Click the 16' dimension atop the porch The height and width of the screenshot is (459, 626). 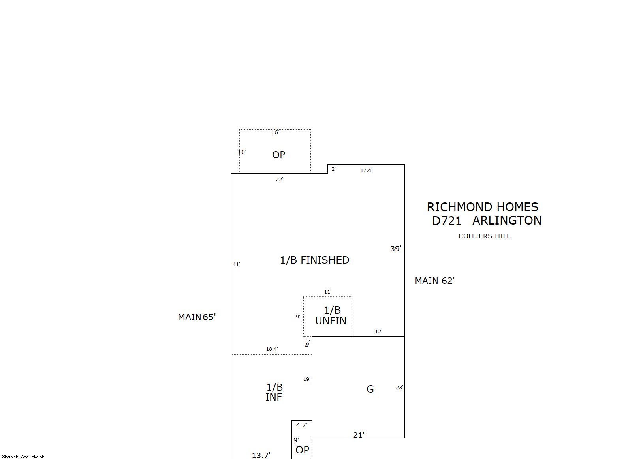point(275,132)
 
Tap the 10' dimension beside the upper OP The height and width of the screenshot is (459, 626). point(242,152)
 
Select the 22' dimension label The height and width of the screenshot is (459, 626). point(280,179)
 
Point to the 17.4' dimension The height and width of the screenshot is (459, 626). point(366,170)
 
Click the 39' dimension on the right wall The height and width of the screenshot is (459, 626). point(396,249)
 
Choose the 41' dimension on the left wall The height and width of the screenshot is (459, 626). point(237,264)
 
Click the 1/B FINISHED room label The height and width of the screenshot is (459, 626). point(315,260)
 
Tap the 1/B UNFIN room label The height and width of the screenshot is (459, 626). point(331,315)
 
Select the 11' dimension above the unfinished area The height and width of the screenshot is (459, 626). point(327,292)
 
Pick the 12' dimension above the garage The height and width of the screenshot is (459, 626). point(378,331)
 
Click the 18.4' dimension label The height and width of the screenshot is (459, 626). point(272,349)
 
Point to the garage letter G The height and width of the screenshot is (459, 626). point(370,389)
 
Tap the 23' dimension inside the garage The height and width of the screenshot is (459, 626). point(399,387)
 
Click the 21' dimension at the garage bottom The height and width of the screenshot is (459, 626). point(359,435)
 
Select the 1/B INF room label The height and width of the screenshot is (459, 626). point(274,392)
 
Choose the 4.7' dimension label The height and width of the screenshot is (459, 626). point(302,425)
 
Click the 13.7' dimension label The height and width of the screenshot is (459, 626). point(261,455)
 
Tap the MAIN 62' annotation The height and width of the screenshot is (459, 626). point(435,281)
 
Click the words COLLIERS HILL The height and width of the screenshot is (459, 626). point(484,236)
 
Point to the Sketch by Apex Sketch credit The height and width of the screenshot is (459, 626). point(23,457)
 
